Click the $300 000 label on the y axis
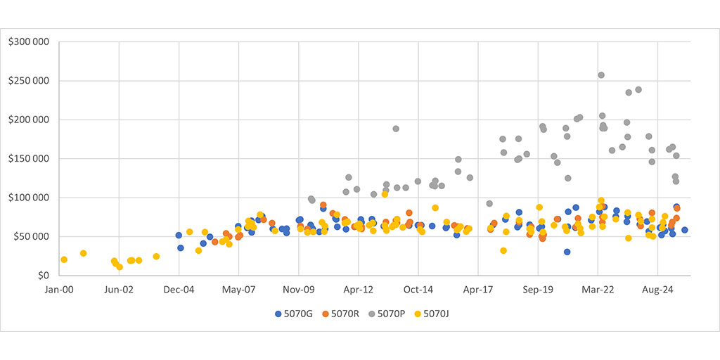click(28, 41)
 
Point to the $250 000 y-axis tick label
click(28, 80)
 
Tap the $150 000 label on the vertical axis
click(28, 158)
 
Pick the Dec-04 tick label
click(179, 288)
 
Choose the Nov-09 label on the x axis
click(299, 288)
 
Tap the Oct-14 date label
click(418, 288)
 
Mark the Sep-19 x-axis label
click(538, 288)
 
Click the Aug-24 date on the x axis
click(657, 288)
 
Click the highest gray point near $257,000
click(601, 75)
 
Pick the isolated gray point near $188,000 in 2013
click(396, 129)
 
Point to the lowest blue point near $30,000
click(567, 252)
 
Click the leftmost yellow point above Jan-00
click(64, 259)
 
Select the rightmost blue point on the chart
click(684, 230)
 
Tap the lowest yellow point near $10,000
click(120, 266)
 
